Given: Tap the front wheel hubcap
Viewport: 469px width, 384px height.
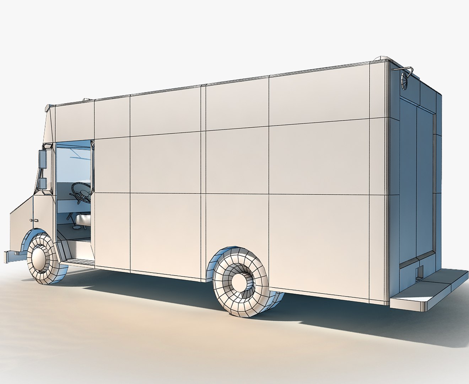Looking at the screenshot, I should [41, 254].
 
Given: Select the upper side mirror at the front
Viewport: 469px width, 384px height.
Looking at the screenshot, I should [43, 159].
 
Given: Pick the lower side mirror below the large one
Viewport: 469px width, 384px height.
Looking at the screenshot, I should [42, 183].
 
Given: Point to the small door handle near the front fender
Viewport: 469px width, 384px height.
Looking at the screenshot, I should [33, 221].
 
